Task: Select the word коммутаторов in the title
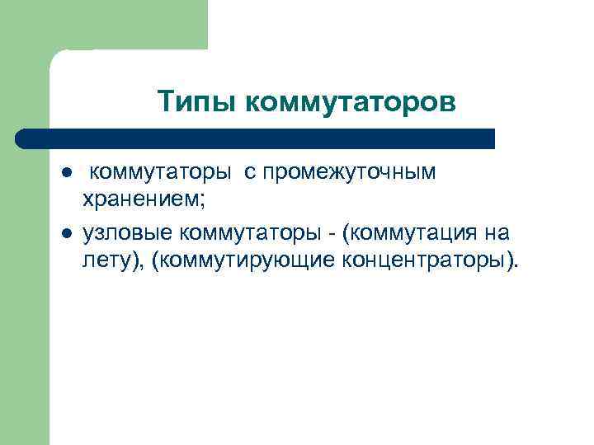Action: pos(350,103)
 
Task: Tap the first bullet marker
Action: pos(65,174)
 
